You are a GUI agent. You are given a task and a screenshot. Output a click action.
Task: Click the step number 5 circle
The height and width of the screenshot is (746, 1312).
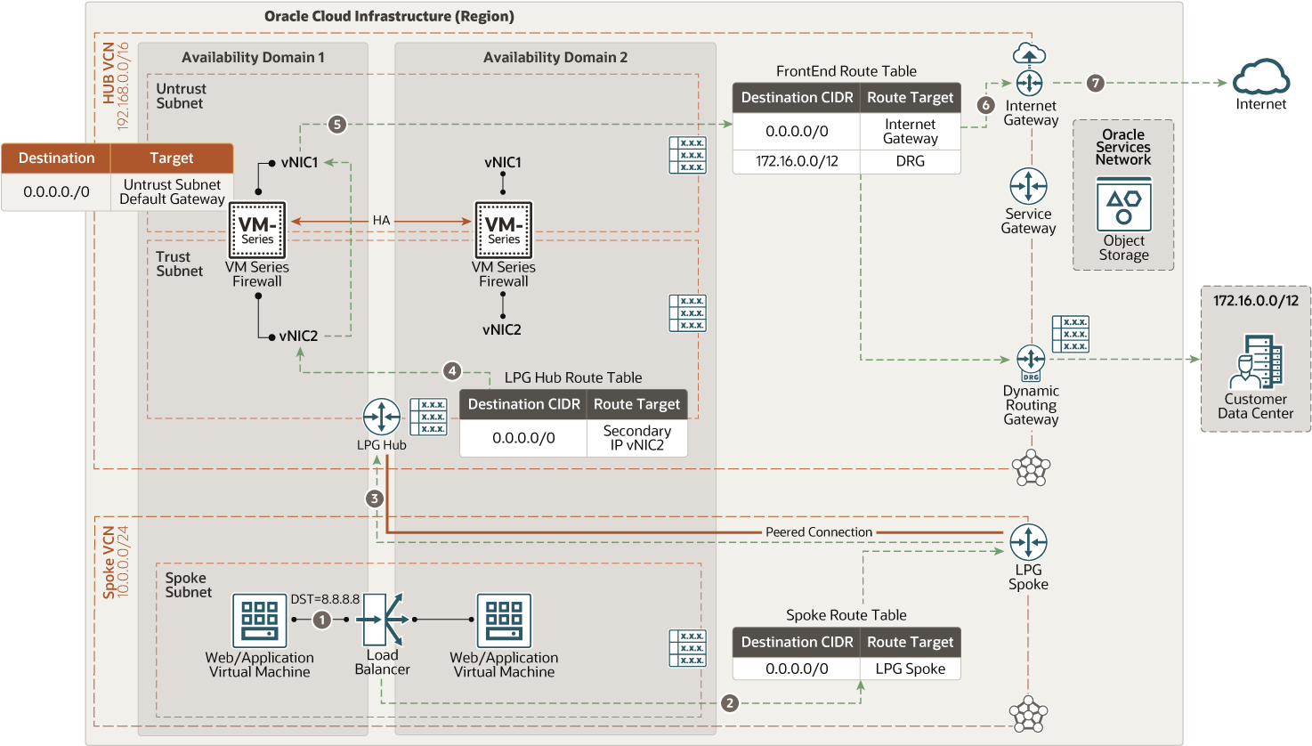click(336, 125)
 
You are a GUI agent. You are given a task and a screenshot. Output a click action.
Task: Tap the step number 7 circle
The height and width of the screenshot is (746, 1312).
click(1096, 83)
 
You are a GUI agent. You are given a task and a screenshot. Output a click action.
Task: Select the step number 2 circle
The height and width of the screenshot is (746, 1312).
click(729, 702)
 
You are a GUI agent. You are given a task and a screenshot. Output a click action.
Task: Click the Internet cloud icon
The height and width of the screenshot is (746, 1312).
click(1260, 77)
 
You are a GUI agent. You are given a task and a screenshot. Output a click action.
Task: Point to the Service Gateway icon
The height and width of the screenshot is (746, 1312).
click(1029, 186)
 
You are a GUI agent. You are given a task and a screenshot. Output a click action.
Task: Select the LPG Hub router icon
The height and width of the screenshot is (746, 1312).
click(381, 417)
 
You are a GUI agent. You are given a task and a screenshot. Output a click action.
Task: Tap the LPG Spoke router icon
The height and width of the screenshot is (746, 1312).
click(1029, 542)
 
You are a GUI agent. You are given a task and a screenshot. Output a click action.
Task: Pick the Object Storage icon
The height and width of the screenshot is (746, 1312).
click(1123, 204)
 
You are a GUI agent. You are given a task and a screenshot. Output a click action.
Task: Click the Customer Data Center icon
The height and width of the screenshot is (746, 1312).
click(1256, 361)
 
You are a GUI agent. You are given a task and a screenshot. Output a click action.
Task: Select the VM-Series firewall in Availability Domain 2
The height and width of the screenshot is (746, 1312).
click(503, 230)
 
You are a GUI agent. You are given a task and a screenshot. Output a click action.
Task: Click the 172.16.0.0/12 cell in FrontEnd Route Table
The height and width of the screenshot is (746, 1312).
click(797, 161)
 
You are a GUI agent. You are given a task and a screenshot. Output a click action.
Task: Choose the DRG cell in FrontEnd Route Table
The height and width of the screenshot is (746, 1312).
click(911, 161)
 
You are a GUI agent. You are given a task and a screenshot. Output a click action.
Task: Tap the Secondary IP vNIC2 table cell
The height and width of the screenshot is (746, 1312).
click(636, 438)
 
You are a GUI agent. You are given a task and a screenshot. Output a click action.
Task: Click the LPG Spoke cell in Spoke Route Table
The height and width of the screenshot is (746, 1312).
click(911, 669)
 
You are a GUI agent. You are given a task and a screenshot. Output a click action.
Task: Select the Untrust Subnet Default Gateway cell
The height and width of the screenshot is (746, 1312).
click(172, 191)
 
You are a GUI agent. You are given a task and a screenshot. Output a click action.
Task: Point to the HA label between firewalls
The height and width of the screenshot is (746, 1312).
click(381, 221)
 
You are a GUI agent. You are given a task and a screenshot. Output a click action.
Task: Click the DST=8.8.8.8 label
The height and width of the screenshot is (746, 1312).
click(325, 599)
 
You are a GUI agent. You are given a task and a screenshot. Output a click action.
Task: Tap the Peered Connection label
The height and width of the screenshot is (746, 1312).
click(819, 532)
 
